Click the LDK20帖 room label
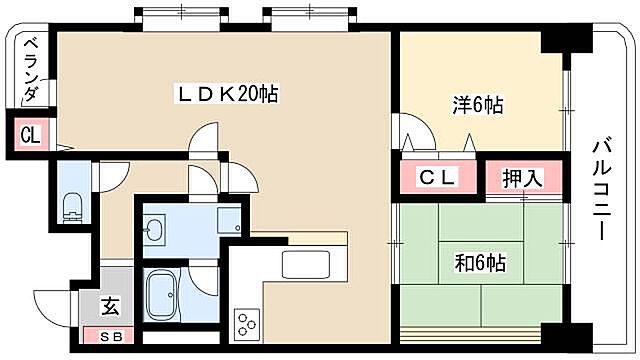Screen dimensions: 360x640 point(227,94)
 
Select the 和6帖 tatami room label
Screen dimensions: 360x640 point(480,264)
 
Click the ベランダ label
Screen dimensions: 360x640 point(30,70)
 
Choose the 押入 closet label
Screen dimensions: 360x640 point(521,179)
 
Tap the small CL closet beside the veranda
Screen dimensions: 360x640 point(30,135)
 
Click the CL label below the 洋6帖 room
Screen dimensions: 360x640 point(437,179)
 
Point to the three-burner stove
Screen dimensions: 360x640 point(246,323)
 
